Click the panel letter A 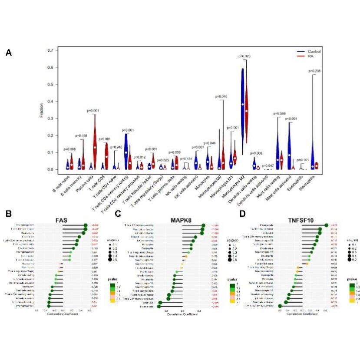(9, 53)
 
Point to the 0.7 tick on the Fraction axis (49, 50)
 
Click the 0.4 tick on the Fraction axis (49, 101)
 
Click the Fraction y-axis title (40, 110)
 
